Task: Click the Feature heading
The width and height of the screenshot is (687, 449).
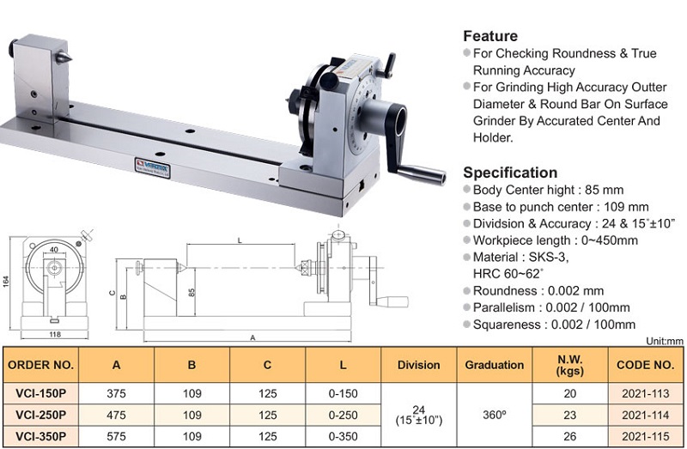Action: click(490, 36)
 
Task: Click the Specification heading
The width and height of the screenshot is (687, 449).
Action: click(510, 173)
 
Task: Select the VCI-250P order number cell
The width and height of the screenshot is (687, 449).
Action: click(40, 415)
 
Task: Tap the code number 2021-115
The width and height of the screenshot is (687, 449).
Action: click(646, 436)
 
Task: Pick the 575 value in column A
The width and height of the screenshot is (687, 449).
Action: click(116, 436)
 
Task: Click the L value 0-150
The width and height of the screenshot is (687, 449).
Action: click(343, 393)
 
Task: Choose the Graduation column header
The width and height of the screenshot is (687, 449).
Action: click(495, 365)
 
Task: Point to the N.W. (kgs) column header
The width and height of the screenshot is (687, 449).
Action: click(569, 366)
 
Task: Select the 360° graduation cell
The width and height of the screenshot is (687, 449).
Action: click(495, 415)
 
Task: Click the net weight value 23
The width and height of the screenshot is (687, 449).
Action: click(569, 415)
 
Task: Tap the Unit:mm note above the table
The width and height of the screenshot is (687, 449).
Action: click(664, 341)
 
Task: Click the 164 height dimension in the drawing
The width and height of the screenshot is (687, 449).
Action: click(6, 282)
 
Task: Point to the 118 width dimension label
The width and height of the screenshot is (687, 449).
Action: click(55, 335)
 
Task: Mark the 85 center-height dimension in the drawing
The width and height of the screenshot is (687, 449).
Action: click(192, 292)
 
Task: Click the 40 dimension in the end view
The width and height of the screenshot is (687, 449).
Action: click(54, 250)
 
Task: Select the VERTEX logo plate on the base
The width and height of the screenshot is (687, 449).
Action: click(152, 167)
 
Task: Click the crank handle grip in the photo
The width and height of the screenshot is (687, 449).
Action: click(422, 174)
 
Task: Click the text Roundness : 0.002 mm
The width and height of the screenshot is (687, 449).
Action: click(538, 291)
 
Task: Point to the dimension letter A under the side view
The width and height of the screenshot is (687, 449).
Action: click(252, 337)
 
